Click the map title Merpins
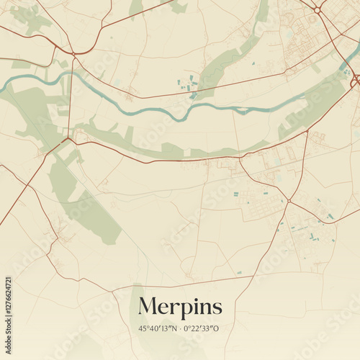[180, 306]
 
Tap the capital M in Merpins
[148, 305]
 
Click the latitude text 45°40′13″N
[157, 328]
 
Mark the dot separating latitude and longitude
[180, 328]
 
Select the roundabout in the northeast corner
[317, 9]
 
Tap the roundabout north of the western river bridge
[73, 54]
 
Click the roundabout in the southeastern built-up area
[288, 200]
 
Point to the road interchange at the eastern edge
[355, 78]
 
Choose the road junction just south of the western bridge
[69, 138]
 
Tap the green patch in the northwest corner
[29, 18]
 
